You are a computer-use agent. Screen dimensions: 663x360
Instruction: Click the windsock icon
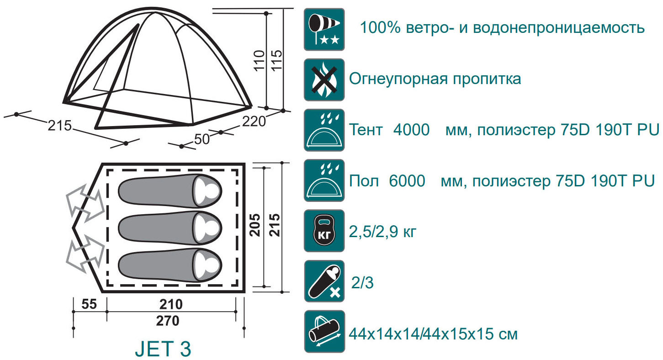click(x=324, y=29)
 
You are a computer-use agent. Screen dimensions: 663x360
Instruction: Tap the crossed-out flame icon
click(x=324, y=79)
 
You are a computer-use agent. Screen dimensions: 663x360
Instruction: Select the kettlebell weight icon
click(x=324, y=231)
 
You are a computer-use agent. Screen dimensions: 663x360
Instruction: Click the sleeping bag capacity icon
click(x=324, y=281)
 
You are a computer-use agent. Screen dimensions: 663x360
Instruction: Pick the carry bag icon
click(x=324, y=332)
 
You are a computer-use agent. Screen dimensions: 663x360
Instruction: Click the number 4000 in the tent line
click(x=411, y=130)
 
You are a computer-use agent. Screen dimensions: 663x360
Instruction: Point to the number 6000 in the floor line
click(x=407, y=180)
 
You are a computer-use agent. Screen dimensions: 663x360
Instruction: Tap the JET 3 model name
click(x=163, y=349)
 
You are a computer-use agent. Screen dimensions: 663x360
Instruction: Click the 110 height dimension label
click(x=259, y=60)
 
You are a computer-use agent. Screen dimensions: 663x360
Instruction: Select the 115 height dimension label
click(x=277, y=60)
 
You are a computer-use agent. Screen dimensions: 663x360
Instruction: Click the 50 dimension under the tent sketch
click(x=202, y=139)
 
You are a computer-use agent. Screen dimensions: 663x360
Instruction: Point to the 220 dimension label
click(x=254, y=122)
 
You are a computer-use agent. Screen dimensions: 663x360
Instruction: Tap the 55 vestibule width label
click(x=89, y=304)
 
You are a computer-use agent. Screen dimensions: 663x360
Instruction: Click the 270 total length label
click(x=168, y=321)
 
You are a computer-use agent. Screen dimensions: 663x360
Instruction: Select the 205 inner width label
click(x=255, y=225)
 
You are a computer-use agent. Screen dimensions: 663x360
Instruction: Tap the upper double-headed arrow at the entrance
click(x=85, y=203)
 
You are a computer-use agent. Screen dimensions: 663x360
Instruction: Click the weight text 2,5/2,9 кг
click(x=382, y=232)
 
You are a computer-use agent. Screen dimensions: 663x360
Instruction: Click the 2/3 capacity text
click(x=362, y=283)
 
